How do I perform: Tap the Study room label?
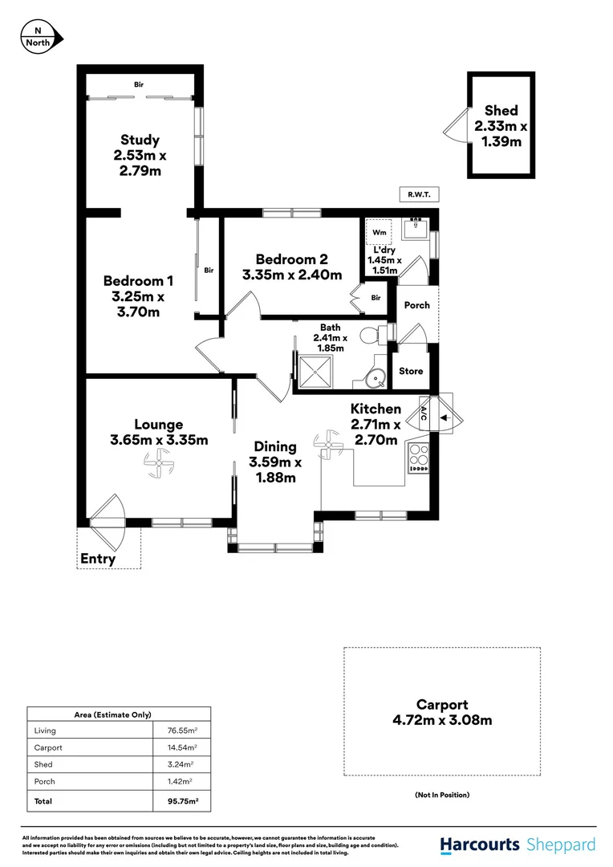140,140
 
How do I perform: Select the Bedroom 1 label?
138,281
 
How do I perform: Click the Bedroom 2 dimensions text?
292,275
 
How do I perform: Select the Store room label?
411,371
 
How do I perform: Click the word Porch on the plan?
416,305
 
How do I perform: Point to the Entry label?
98,559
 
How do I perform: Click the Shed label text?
501,111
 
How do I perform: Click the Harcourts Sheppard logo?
518,845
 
